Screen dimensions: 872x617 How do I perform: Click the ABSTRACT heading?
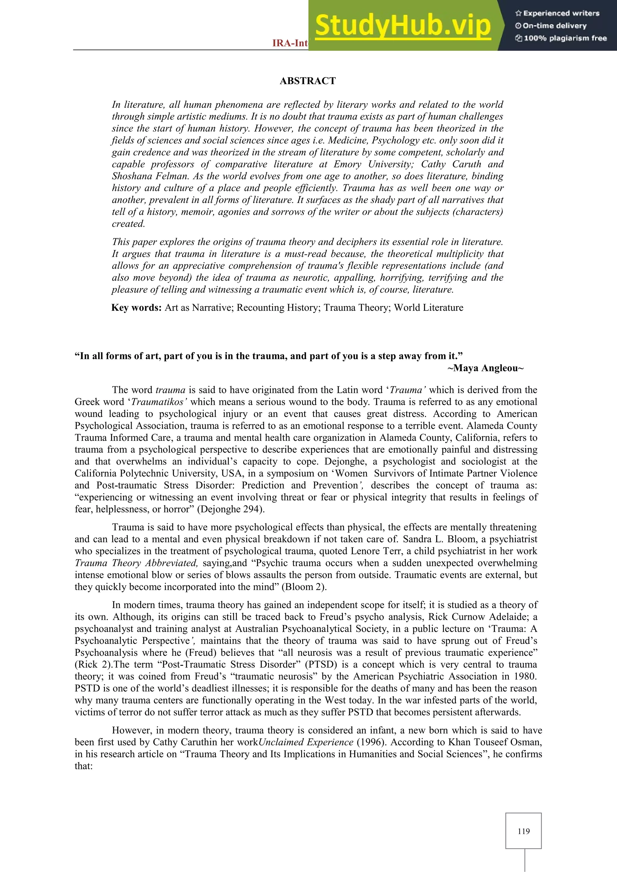(307, 81)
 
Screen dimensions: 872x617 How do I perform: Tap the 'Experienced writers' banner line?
(557, 13)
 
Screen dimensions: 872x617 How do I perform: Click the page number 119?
(523, 831)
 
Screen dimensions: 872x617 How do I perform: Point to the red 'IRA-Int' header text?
(290, 43)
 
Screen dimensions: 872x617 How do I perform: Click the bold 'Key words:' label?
(137, 308)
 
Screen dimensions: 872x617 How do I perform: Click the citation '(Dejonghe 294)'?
(230, 509)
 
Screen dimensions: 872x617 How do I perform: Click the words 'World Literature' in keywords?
(429, 308)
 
